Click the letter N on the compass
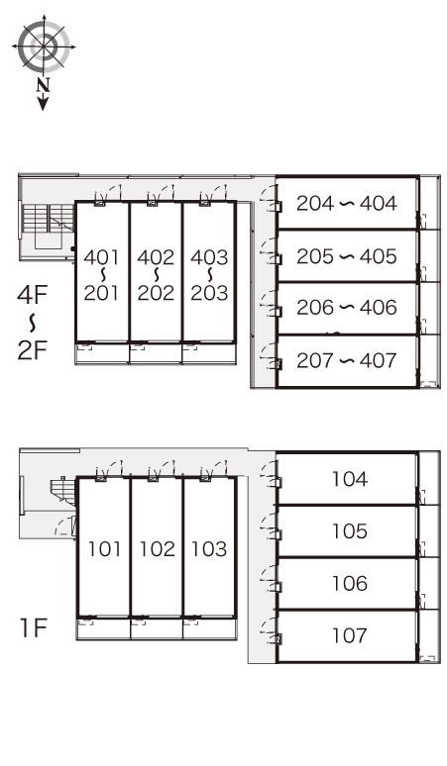coord(44,86)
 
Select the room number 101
coord(104,549)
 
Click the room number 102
coord(157,549)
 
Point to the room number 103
coord(209,549)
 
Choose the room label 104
coord(350,479)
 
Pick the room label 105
coord(350,531)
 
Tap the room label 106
coord(350,583)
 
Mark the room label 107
coord(350,636)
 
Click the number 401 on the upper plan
coord(101,257)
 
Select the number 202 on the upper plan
coord(156,293)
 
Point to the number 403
coord(209,257)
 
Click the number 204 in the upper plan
coord(315,204)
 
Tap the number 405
coord(378,257)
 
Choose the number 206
coord(315,308)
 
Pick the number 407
coord(378,361)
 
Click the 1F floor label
coord(34,628)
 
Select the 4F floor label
coord(33,295)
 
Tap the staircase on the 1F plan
coord(63,491)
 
